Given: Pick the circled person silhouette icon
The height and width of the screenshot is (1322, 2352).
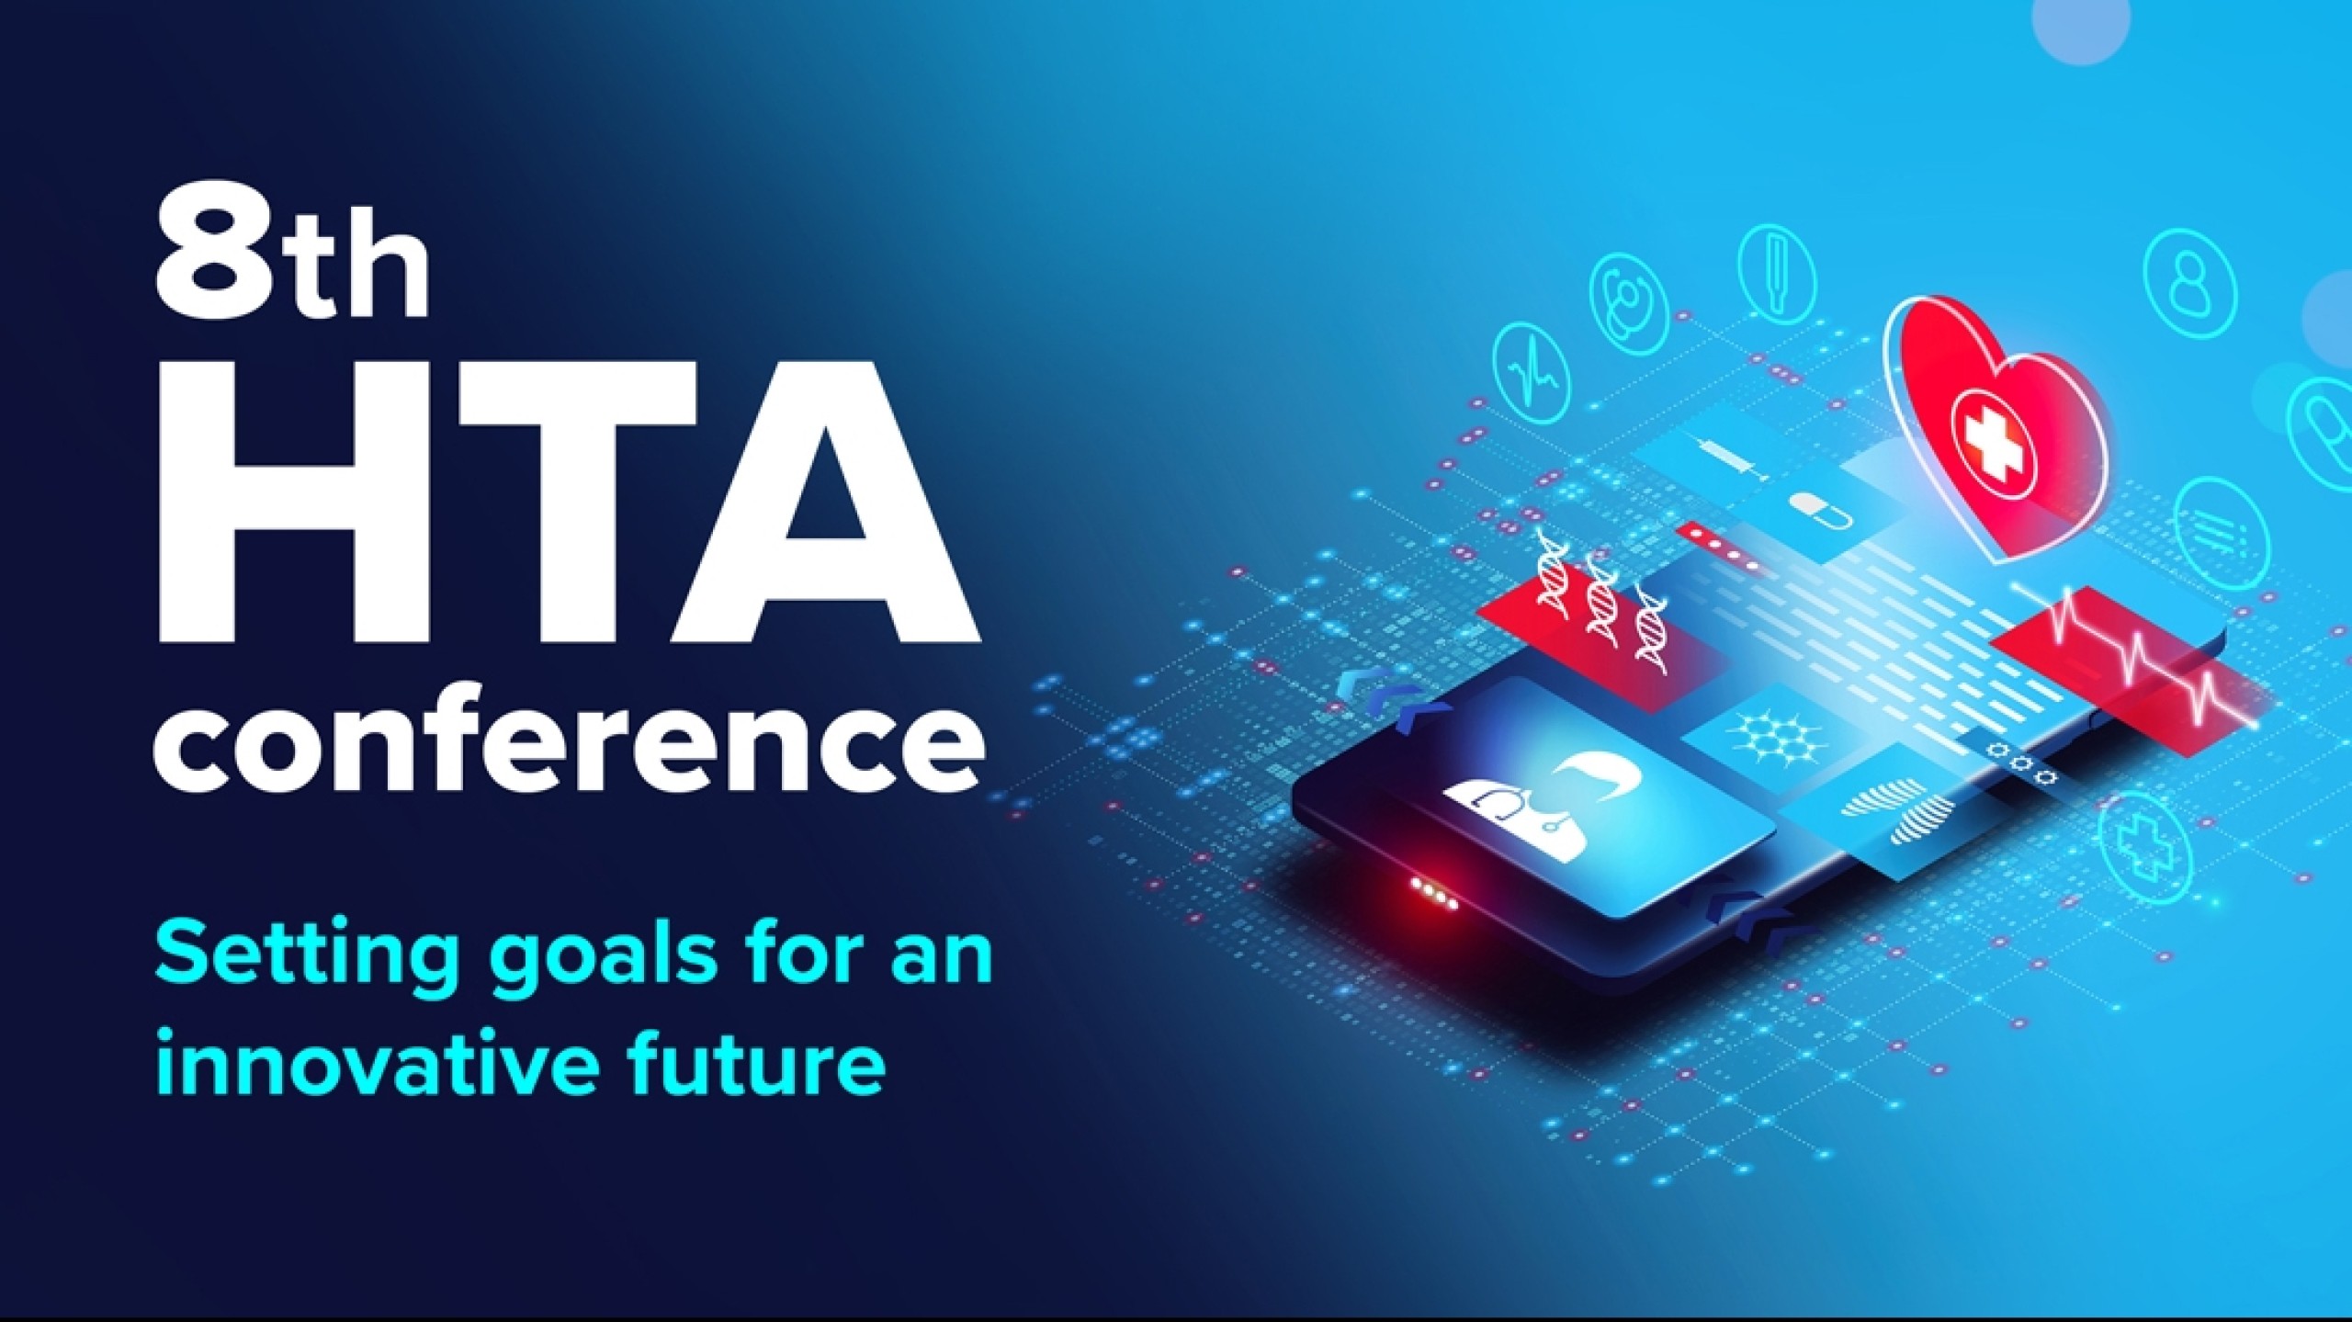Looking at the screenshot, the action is pos(2187,276).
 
